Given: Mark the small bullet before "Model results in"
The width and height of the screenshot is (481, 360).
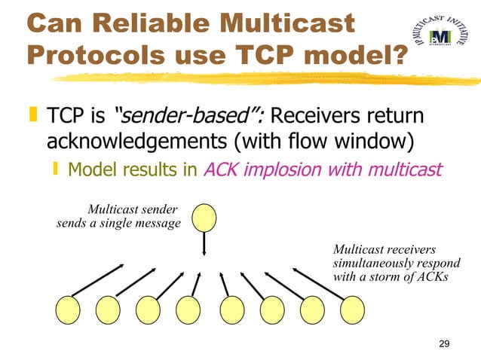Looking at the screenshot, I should tap(58, 170).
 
